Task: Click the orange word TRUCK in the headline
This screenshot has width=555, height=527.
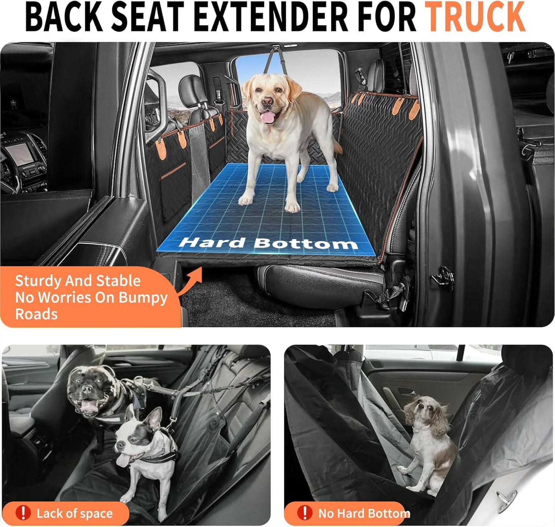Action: point(475,17)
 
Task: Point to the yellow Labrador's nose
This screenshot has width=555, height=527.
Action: point(267,102)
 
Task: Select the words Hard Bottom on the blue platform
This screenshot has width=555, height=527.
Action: point(268,243)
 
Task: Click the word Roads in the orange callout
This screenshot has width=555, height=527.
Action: point(36,314)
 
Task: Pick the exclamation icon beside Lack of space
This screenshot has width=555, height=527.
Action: point(23,513)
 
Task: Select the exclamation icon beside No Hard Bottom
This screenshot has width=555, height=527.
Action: point(304,513)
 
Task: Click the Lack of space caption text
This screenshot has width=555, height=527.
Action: point(75,513)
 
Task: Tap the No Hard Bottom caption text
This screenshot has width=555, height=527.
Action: point(364,513)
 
